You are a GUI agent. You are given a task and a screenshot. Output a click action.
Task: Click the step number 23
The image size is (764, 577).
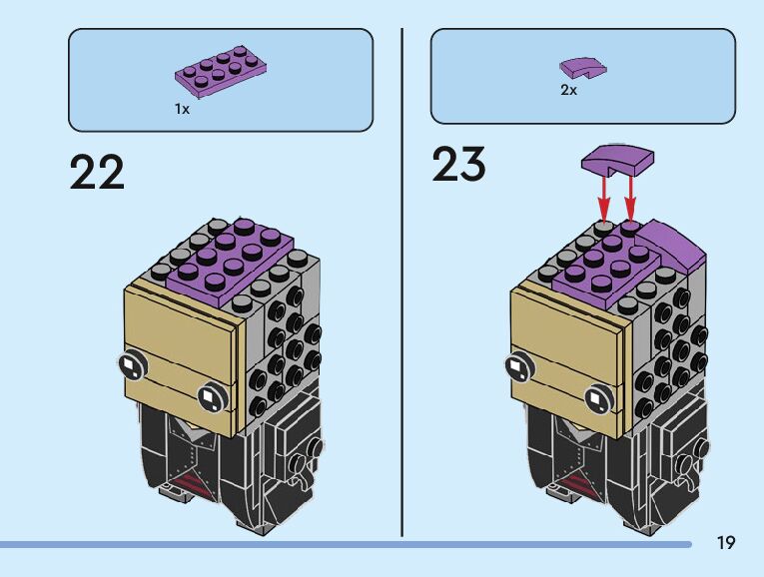tap(458, 165)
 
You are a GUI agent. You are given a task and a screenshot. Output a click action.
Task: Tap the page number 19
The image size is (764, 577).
tap(725, 543)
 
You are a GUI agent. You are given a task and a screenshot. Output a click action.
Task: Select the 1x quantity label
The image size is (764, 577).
tap(182, 109)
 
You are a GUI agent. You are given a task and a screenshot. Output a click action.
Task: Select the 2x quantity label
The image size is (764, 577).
tap(568, 90)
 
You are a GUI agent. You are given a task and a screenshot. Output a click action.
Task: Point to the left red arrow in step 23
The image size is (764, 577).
tap(604, 194)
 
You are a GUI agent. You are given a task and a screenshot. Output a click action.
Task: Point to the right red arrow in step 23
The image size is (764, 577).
tap(630, 194)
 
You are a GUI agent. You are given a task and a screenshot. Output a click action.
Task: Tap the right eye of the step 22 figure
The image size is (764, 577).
tap(210, 397)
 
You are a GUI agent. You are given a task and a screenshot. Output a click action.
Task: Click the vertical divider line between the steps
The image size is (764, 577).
tap(401, 280)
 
